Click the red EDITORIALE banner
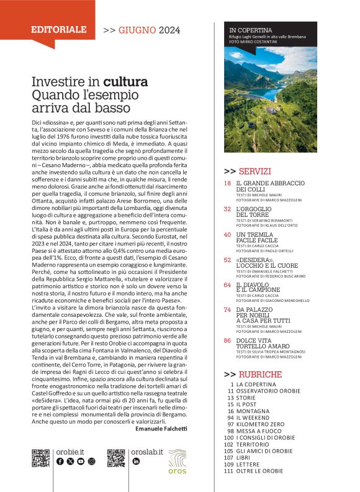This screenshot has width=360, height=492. [59, 29]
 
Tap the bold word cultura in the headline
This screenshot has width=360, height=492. [125, 81]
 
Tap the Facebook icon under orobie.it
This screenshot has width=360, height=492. [60, 462]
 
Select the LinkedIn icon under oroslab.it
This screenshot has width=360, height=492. [136, 462]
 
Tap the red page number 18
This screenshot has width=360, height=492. [228, 183]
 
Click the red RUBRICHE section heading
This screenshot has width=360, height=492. [259, 375]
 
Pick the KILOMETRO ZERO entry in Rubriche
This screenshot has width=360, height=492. [260, 424]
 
